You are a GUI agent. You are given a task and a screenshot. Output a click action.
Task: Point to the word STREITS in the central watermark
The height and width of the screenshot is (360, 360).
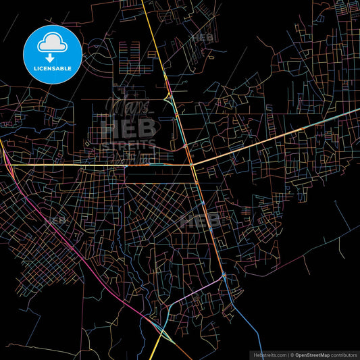(x=128, y=143)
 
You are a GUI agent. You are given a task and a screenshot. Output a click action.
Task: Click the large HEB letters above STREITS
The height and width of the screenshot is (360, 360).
(x=128, y=127)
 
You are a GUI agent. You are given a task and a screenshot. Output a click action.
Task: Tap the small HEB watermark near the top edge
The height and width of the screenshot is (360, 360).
(x=202, y=38)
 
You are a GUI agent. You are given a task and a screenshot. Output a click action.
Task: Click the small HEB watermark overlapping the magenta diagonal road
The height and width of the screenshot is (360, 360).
(x=56, y=220)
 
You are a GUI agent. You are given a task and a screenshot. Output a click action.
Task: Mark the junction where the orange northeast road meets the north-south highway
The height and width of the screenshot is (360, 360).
(x=192, y=164)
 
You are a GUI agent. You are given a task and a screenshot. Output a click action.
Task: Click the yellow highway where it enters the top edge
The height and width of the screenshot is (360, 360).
(x=144, y=3)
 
